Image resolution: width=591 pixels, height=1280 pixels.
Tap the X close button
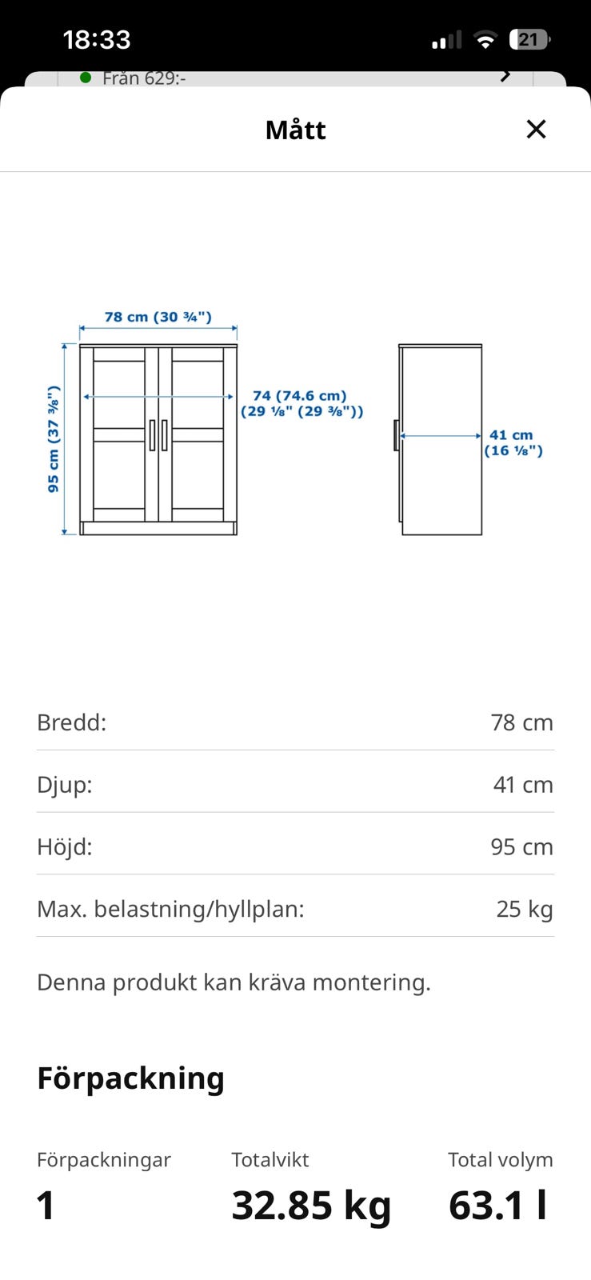[x=536, y=129]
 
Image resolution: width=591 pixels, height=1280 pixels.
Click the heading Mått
[x=296, y=130]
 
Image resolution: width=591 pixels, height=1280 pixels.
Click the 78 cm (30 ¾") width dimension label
[x=158, y=317]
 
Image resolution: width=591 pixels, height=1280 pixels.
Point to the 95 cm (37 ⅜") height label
[x=54, y=439]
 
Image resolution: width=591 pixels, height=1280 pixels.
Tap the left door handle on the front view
[x=152, y=435]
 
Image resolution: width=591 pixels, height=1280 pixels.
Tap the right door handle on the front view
[x=165, y=435]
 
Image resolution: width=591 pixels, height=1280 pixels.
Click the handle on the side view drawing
[x=397, y=435]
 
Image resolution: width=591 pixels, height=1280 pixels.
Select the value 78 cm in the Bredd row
[x=522, y=723]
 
